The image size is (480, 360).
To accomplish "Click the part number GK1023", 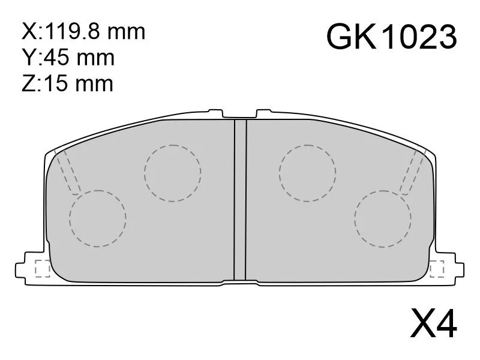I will [x=392, y=37].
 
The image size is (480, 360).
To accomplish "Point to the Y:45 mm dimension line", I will [x=67, y=58].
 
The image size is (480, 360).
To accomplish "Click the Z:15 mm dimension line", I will [x=67, y=83].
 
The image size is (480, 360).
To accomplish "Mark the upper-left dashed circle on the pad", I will [x=172, y=173].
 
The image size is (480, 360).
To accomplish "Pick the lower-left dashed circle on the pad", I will [x=97, y=218].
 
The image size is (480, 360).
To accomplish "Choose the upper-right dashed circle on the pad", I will [x=307, y=173].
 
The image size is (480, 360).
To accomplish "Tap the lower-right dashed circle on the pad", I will [x=383, y=218].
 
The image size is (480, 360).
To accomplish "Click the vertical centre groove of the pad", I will [x=240, y=198].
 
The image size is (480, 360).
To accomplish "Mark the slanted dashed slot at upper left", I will [x=67, y=171].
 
